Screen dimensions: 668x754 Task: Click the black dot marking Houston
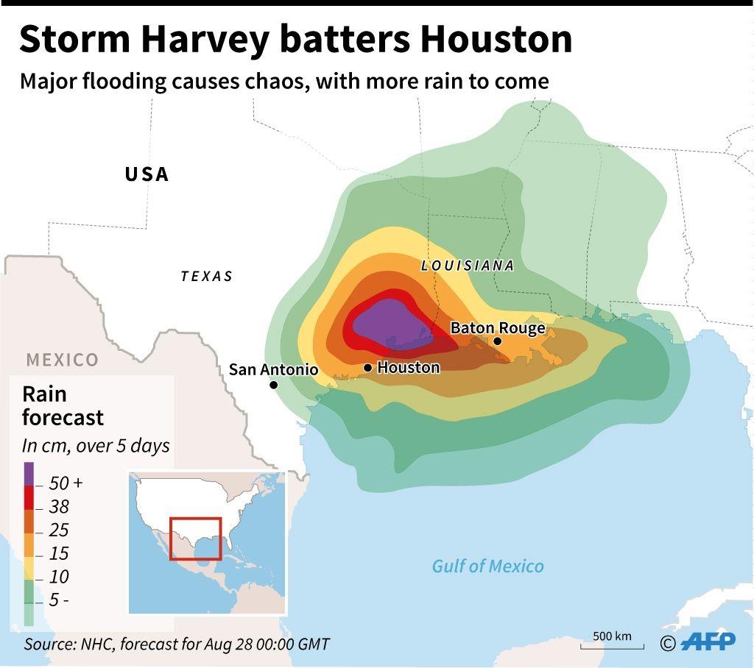pos(368,367)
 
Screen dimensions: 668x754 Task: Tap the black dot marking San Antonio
pos(273,385)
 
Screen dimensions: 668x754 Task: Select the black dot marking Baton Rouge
pos(498,341)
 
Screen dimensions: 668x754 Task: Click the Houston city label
pos(408,367)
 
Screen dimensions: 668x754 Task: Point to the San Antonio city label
pos(273,369)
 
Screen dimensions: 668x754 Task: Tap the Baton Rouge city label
pos(498,327)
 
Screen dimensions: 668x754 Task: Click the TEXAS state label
pos(207,277)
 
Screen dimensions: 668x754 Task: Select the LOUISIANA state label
pos(468,266)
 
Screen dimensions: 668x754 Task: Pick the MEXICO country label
pos(63,360)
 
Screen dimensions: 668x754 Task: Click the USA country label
pos(147,174)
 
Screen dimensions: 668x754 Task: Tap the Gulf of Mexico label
pos(487,566)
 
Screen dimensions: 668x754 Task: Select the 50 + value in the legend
pos(66,483)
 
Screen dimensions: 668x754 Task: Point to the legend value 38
pos(58,507)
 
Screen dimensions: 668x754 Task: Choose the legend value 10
pos(58,577)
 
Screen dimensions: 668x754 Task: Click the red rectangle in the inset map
pos(196,539)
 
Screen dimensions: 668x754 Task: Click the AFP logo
pos(708,642)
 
